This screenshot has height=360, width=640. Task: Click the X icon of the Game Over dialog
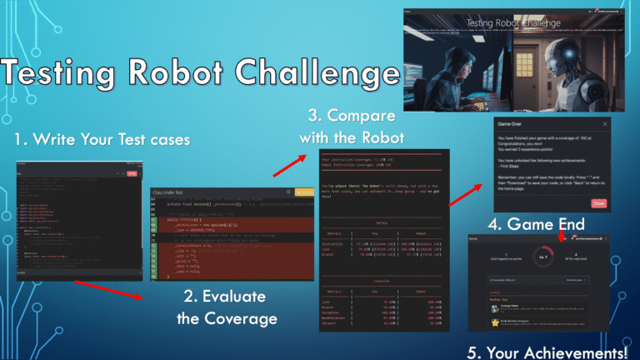pyautogui.click(x=604, y=123)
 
